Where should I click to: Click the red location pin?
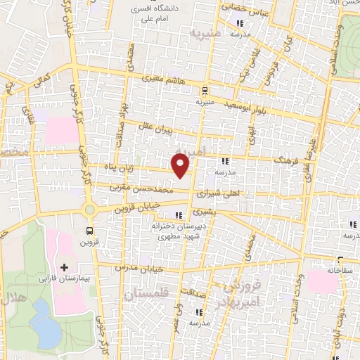tap(181, 165)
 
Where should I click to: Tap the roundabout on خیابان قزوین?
tap(89, 209)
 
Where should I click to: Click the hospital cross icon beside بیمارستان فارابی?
tap(64, 267)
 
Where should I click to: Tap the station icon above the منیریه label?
tap(205, 90)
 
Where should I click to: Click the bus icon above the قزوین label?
tap(89, 231)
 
